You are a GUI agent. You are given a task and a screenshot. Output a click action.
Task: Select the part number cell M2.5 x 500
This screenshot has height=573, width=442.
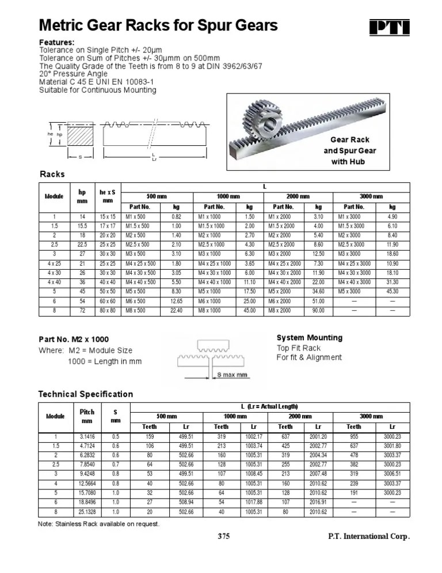click(x=139, y=244)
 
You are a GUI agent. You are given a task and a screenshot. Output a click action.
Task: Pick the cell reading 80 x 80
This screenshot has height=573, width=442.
click(x=108, y=310)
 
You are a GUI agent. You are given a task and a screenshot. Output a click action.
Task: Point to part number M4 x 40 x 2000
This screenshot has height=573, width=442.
click(x=284, y=282)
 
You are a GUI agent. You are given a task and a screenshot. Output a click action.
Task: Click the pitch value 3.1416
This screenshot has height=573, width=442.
click(x=86, y=436)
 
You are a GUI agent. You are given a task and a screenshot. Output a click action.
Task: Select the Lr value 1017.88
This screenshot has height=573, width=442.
click(x=253, y=502)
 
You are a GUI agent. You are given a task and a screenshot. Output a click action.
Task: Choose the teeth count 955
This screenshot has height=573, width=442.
click(x=353, y=436)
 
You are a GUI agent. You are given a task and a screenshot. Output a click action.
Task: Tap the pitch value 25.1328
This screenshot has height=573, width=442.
click(x=86, y=512)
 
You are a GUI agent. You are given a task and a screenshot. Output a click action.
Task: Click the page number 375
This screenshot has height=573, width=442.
click(x=224, y=536)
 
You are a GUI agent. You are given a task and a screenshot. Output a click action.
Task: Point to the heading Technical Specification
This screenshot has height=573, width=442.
click(x=85, y=394)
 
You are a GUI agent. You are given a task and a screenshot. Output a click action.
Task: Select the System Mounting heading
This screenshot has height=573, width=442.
click(x=309, y=338)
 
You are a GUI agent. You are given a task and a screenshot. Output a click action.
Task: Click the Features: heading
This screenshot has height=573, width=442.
click(x=56, y=43)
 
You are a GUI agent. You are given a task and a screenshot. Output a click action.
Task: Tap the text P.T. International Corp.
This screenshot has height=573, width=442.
click(x=368, y=536)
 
